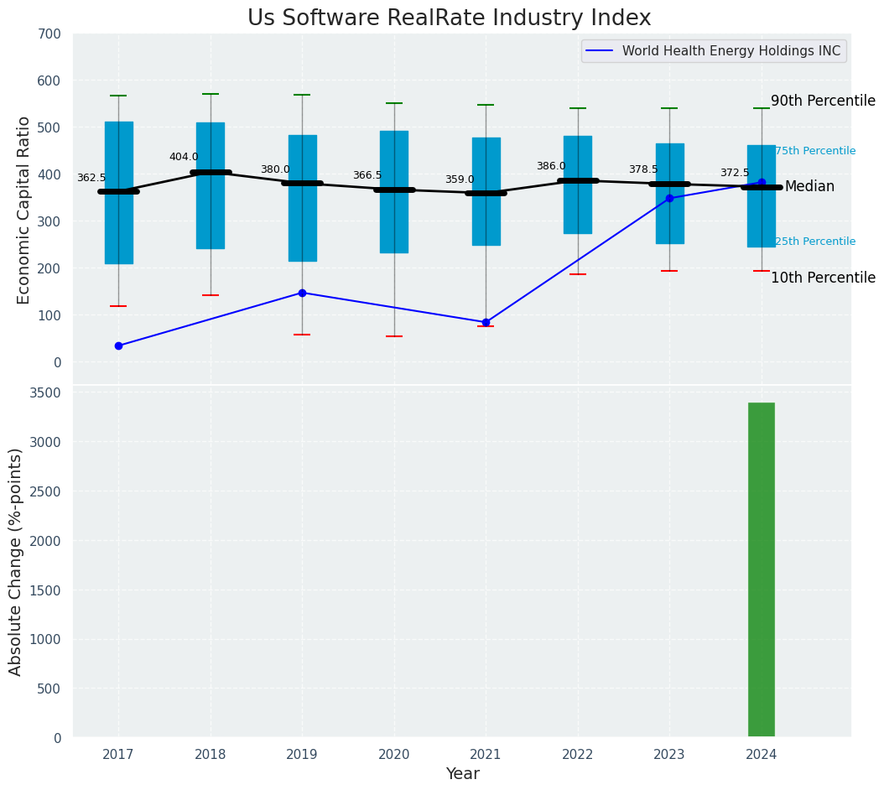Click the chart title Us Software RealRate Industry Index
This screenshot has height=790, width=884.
click(x=449, y=18)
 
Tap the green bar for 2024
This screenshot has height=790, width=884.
click(x=761, y=569)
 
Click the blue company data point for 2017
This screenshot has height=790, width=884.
click(x=118, y=346)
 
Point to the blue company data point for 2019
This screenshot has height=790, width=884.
click(x=302, y=293)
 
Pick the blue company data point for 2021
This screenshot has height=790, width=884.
click(x=486, y=322)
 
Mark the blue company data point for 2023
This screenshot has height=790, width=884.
click(x=669, y=198)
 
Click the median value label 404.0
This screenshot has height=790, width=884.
click(x=184, y=157)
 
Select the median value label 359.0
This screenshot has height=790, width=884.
click(x=460, y=179)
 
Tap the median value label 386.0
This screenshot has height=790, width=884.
click(x=551, y=166)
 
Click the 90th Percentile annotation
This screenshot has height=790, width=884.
click(x=822, y=101)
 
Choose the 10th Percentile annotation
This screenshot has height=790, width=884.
click(x=822, y=278)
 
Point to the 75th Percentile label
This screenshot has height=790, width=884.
click(x=814, y=151)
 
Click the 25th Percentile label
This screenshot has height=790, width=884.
click(x=814, y=242)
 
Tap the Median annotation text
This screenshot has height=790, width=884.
click(x=809, y=186)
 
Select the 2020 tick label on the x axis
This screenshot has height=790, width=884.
click(x=394, y=755)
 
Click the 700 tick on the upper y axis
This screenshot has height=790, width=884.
click(x=49, y=34)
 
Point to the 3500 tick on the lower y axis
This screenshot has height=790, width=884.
click(x=45, y=392)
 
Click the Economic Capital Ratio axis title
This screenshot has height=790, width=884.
click(x=24, y=210)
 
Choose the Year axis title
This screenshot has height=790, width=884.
click(x=462, y=774)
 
